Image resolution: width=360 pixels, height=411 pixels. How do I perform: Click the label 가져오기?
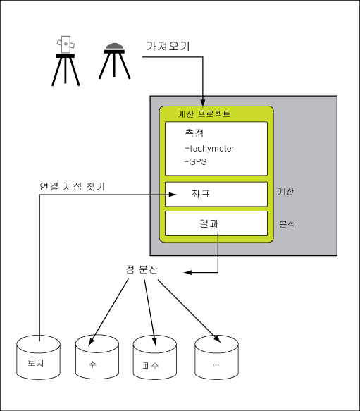[168, 46]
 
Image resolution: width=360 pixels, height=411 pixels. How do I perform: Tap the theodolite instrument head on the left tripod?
[66, 44]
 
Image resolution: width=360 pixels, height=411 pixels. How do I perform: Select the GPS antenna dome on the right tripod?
[115, 47]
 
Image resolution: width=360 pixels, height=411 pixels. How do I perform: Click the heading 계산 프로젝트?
[204, 114]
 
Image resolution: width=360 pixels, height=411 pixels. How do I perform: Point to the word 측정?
[194, 133]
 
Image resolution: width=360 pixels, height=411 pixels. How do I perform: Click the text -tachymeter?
[209, 149]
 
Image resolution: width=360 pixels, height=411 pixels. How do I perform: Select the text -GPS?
[195, 161]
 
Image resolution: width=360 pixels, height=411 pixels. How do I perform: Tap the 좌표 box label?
[201, 194]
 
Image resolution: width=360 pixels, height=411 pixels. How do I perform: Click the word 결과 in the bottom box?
[209, 223]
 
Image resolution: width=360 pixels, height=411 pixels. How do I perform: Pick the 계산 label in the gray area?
[286, 192]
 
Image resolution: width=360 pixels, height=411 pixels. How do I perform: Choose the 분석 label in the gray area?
[287, 224]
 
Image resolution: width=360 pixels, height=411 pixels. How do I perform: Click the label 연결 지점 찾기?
[73, 186]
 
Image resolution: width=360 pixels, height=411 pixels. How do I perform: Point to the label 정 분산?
[142, 269]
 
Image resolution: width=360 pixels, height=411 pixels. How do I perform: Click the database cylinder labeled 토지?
[38, 357]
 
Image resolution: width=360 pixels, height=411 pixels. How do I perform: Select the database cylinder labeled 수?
[97, 357]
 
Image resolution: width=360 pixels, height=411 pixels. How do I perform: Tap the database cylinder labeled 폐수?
[155, 357]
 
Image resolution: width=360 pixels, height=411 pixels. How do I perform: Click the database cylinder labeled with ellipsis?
[217, 357]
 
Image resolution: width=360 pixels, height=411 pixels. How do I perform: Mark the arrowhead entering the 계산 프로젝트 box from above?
[202, 103]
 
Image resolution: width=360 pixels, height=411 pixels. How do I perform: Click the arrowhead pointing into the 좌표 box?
[173, 195]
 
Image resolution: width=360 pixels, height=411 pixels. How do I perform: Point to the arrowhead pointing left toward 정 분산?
[187, 273]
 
